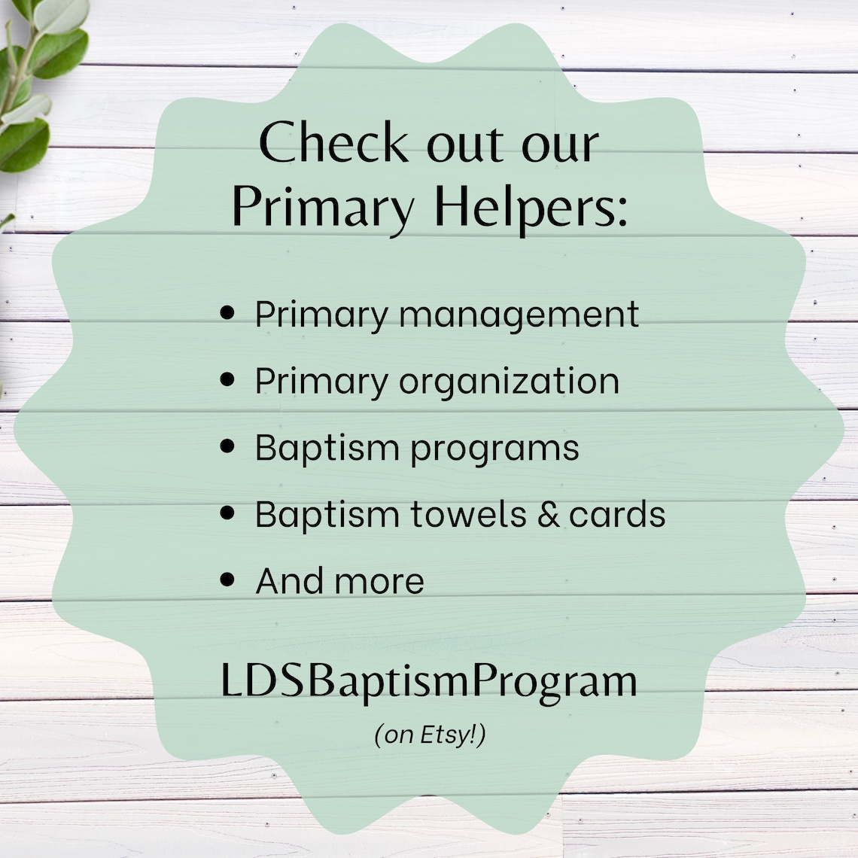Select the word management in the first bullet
519,315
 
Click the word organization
510,382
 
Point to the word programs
494,449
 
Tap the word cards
617,514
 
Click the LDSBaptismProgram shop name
429,681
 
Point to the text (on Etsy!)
430,734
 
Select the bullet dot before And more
229,580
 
